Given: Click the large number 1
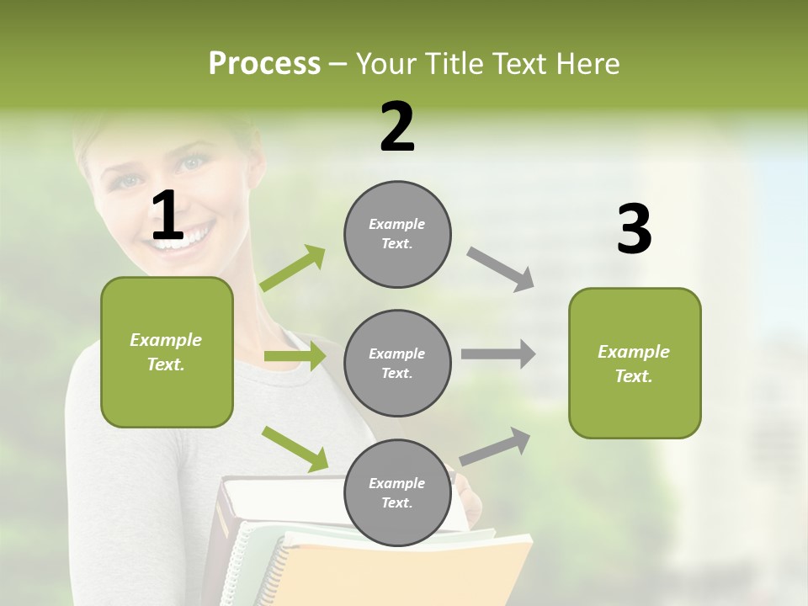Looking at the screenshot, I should click(x=167, y=215).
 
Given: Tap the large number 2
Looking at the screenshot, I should click(x=397, y=127).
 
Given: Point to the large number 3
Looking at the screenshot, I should click(x=634, y=230).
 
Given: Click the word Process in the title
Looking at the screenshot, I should click(x=264, y=64).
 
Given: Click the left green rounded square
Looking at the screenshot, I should click(x=167, y=352).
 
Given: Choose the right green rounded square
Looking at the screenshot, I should click(x=635, y=363).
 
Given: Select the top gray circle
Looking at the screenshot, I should click(x=397, y=234).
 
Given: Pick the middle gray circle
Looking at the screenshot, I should click(x=397, y=363).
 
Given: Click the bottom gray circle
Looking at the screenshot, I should click(x=397, y=492).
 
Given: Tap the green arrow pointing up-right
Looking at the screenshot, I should click(x=294, y=268).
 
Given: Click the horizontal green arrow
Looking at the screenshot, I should click(x=295, y=356).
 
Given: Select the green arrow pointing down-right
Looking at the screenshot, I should click(x=295, y=449).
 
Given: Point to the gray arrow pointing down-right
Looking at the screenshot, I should click(x=501, y=268).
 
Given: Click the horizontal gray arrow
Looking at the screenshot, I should click(x=498, y=353).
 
